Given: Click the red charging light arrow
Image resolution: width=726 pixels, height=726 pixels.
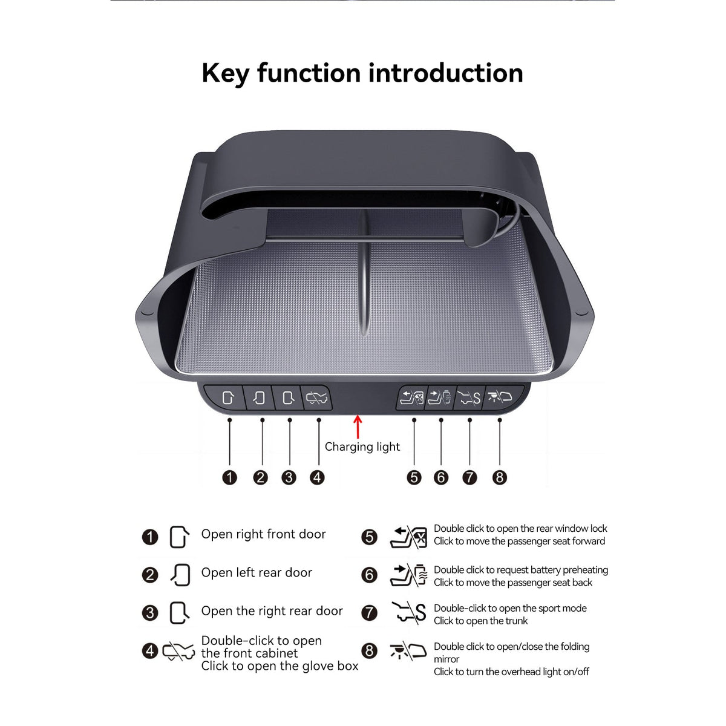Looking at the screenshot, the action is coord(358,427).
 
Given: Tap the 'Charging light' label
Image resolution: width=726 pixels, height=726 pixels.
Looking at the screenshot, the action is coord(362,447).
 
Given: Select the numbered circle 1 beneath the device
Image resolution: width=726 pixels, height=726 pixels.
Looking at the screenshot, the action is coord(229,478).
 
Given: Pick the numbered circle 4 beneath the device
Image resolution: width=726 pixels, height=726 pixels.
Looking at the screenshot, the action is coord(317,478).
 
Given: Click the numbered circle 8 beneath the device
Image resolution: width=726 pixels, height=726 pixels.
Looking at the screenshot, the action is coord(500,478).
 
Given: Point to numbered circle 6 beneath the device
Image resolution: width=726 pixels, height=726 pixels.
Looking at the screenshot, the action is coord(441,478).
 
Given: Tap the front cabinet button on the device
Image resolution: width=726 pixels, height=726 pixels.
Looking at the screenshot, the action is coord(316,397).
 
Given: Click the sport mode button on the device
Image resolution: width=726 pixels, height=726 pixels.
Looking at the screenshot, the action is coord(469,397).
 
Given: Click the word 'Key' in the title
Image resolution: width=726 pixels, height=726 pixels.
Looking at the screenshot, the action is coord(225,74).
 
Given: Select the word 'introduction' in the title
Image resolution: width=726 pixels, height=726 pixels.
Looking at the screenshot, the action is coord(446,73).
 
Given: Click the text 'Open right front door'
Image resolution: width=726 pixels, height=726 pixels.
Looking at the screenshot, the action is coord(263,534).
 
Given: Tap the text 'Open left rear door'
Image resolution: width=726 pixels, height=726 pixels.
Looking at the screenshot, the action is coord(257,573).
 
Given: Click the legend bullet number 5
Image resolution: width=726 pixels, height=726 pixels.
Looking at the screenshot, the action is coord(369,537).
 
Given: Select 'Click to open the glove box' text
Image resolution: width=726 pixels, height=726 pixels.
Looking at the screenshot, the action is coord(280,666).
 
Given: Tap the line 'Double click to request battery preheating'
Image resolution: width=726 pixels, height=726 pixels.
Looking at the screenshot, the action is coord(521,570).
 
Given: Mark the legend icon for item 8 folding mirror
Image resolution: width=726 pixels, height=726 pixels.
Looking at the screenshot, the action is coord(408,650).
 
